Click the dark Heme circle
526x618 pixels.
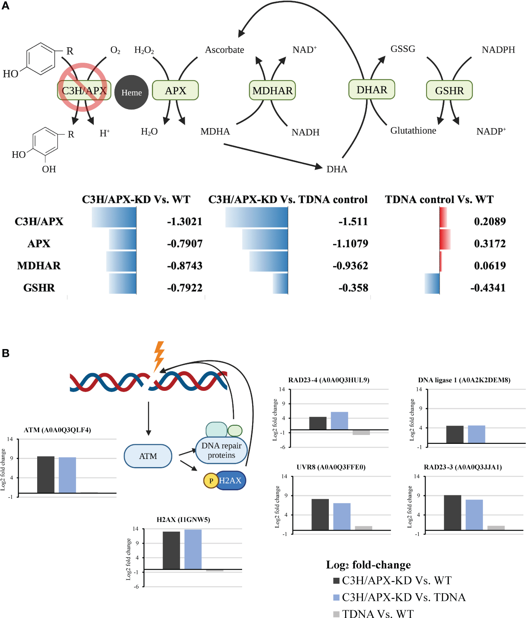(131, 92)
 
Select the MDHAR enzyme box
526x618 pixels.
(272, 91)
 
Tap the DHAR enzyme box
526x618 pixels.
(371, 90)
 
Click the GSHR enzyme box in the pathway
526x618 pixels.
(449, 91)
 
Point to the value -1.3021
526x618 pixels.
(184, 222)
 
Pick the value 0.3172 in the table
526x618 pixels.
(490, 244)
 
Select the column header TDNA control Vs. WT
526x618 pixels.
(439, 200)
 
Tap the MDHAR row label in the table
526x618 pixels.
(39, 266)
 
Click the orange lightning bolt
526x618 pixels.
(159, 355)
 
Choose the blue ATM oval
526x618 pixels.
(148, 456)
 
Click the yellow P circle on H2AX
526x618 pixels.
(211, 481)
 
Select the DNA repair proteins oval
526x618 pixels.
(221, 450)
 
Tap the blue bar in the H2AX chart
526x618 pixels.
(193, 549)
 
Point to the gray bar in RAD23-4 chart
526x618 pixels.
(361, 432)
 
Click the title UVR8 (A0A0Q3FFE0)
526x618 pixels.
(331, 467)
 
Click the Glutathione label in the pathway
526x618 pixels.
(413, 131)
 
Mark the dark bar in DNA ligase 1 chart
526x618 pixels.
(455, 434)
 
